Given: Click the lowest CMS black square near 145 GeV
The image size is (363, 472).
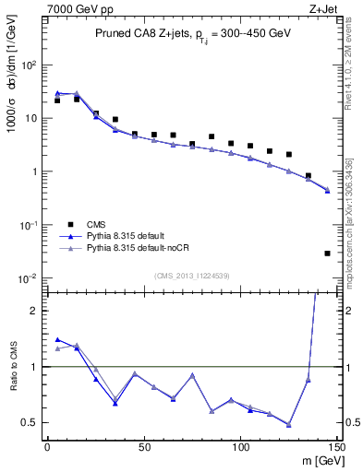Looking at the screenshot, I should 328,253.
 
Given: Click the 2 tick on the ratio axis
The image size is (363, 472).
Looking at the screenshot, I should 36,311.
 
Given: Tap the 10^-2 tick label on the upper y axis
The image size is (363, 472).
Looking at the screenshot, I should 30,278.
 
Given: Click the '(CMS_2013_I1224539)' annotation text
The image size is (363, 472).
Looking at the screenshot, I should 191,275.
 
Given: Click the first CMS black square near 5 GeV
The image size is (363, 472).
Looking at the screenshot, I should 56,100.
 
